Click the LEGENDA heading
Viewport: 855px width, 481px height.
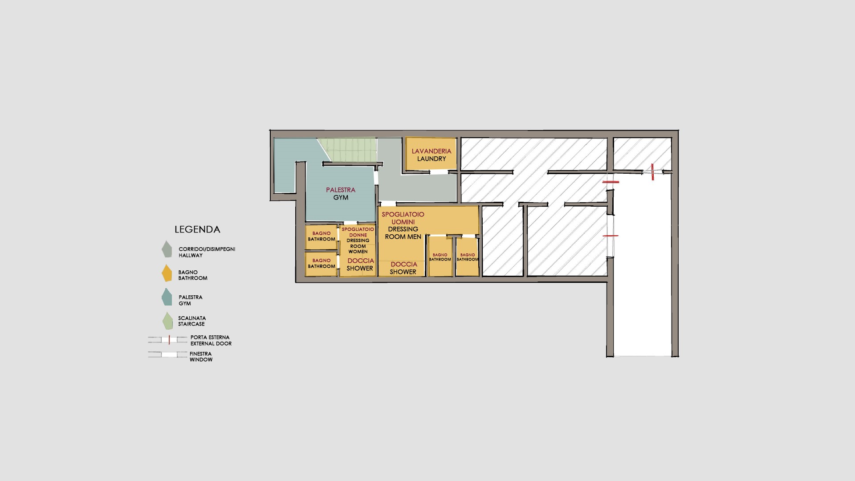point(197,229)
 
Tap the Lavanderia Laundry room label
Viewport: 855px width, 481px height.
point(432,155)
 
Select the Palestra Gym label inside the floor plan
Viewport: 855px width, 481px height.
point(341,194)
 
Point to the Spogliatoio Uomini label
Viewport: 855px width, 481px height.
point(403,218)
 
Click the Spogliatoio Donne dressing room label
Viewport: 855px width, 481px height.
point(358,240)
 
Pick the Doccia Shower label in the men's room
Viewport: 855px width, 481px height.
point(403,268)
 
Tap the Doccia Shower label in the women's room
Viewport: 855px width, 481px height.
point(360,265)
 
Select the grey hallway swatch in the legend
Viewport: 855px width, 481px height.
point(167,249)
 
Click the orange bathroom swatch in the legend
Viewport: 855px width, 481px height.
point(167,273)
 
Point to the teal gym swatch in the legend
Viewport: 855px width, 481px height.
point(167,297)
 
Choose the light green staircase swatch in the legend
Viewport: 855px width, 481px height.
point(167,321)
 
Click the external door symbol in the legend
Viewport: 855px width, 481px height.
point(167,340)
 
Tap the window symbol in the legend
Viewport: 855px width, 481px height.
point(167,355)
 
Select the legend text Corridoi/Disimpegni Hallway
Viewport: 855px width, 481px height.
point(207,252)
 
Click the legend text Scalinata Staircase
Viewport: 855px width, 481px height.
point(192,321)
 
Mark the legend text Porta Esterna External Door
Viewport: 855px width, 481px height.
point(211,340)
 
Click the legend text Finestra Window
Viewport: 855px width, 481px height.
point(201,357)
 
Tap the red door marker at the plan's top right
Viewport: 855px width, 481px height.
point(652,172)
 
